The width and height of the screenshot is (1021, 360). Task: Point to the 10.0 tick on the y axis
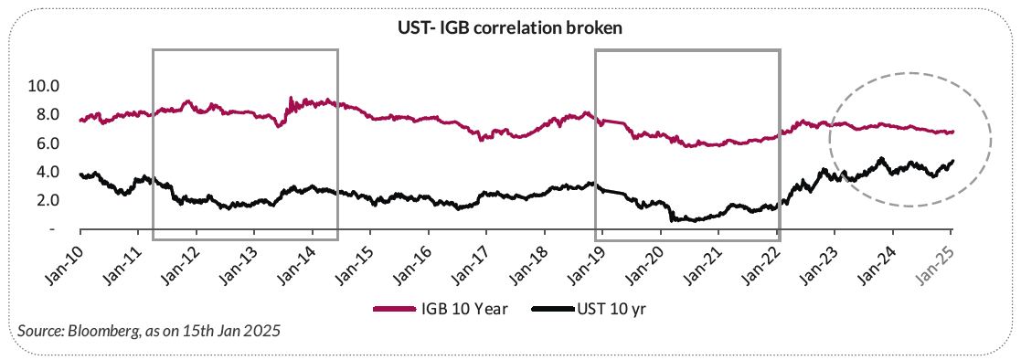pyautogui.click(x=43, y=86)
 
